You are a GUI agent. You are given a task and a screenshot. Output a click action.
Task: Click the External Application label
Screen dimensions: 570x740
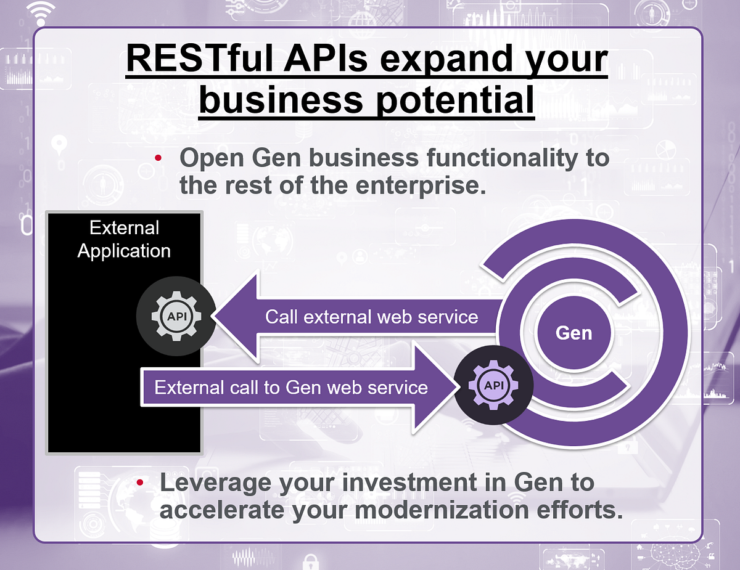pos(124,239)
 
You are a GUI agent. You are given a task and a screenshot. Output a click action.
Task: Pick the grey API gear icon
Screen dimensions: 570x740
pos(176,316)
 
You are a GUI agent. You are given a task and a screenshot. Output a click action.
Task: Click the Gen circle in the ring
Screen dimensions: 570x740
pos(573,333)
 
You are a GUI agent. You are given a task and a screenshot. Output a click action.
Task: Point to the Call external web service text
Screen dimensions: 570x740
pos(371,317)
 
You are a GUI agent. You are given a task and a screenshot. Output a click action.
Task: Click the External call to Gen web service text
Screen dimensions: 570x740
pos(290,387)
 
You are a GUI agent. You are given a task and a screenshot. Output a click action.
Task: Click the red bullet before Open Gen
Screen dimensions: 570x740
pos(158,159)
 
